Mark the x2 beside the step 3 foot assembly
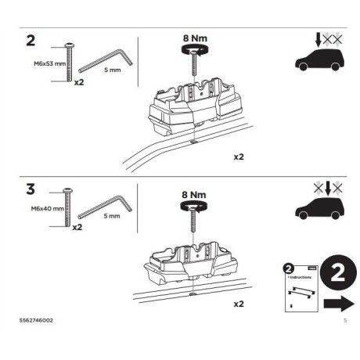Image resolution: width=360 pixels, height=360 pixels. [x=239, y=301]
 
